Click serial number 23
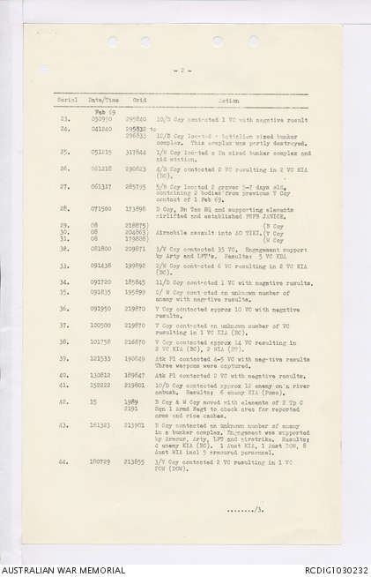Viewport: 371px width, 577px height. pyautogui.click(x=64, y=118)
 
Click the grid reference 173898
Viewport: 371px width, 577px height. pyautogui.click(x=136, y=208)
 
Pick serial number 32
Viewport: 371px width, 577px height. pyautogui.click(x=64, y=250)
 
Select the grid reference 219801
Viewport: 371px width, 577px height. pyautogui.click(x=136, y=385)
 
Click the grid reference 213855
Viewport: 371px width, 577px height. pyautogui.click(x=136, y=461)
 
